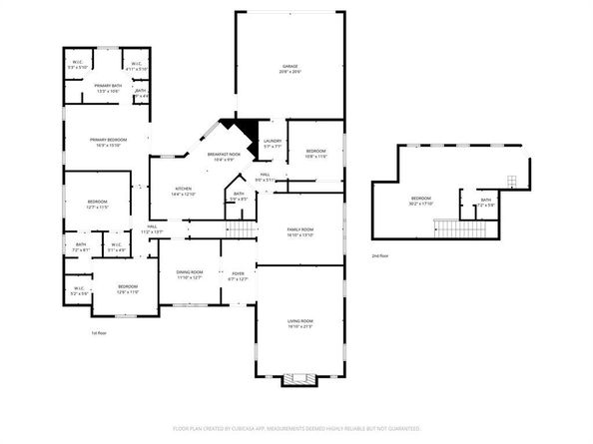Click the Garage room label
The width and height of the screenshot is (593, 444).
coord(290,67)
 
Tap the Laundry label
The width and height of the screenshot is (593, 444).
coord(272,141)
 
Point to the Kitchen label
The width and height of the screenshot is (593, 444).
coord(184,188)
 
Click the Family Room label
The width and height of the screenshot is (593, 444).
coord(300,229)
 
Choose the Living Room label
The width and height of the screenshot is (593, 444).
coord(300,321)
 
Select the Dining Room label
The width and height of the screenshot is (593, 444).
coord(190,272)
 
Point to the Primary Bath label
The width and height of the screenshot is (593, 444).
coord(108,87)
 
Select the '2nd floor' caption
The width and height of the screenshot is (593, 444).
coord(381,255)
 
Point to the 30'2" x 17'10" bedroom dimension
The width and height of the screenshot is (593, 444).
coord(421,205)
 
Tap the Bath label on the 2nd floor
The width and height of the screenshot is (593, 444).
coord(485,200)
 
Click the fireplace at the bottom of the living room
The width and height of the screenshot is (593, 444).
coord(300,378)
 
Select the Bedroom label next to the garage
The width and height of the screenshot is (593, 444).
coord(315,151)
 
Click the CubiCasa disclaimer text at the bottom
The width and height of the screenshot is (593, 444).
coord(296,427)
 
